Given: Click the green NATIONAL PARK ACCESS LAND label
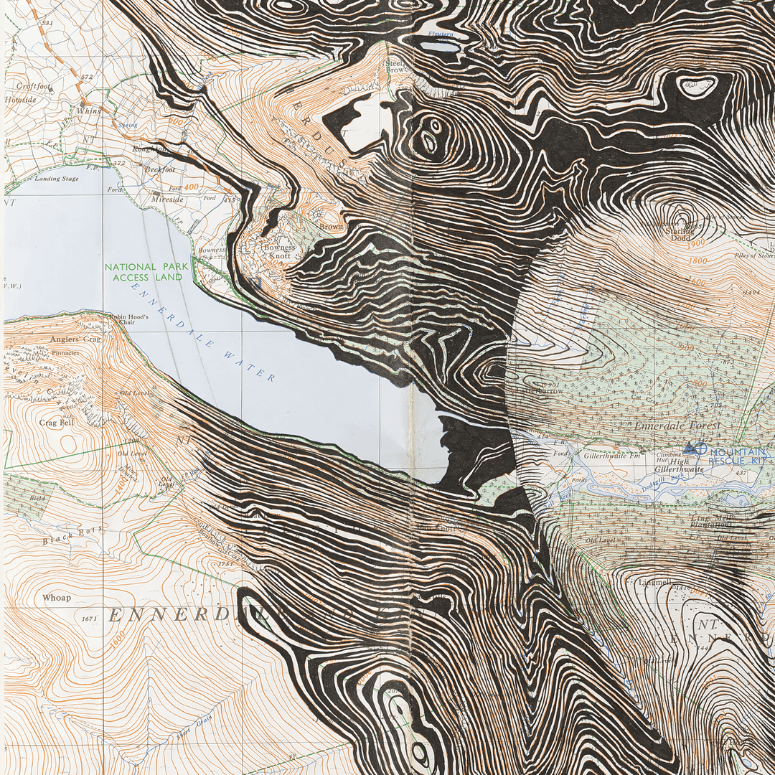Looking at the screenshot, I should (x=146, y=272).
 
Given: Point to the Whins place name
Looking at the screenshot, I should (x=89, y=111).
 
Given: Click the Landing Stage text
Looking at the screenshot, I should (x=56, y=179).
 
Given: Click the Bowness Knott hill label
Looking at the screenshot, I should (x=279, y=252).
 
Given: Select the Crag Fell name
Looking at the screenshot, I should (x=57, y=423).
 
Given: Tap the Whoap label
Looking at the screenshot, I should (x=57, y=598).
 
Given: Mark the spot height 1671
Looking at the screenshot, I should (x=89, y=618).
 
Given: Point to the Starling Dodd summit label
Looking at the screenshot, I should (x=680, y=234).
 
